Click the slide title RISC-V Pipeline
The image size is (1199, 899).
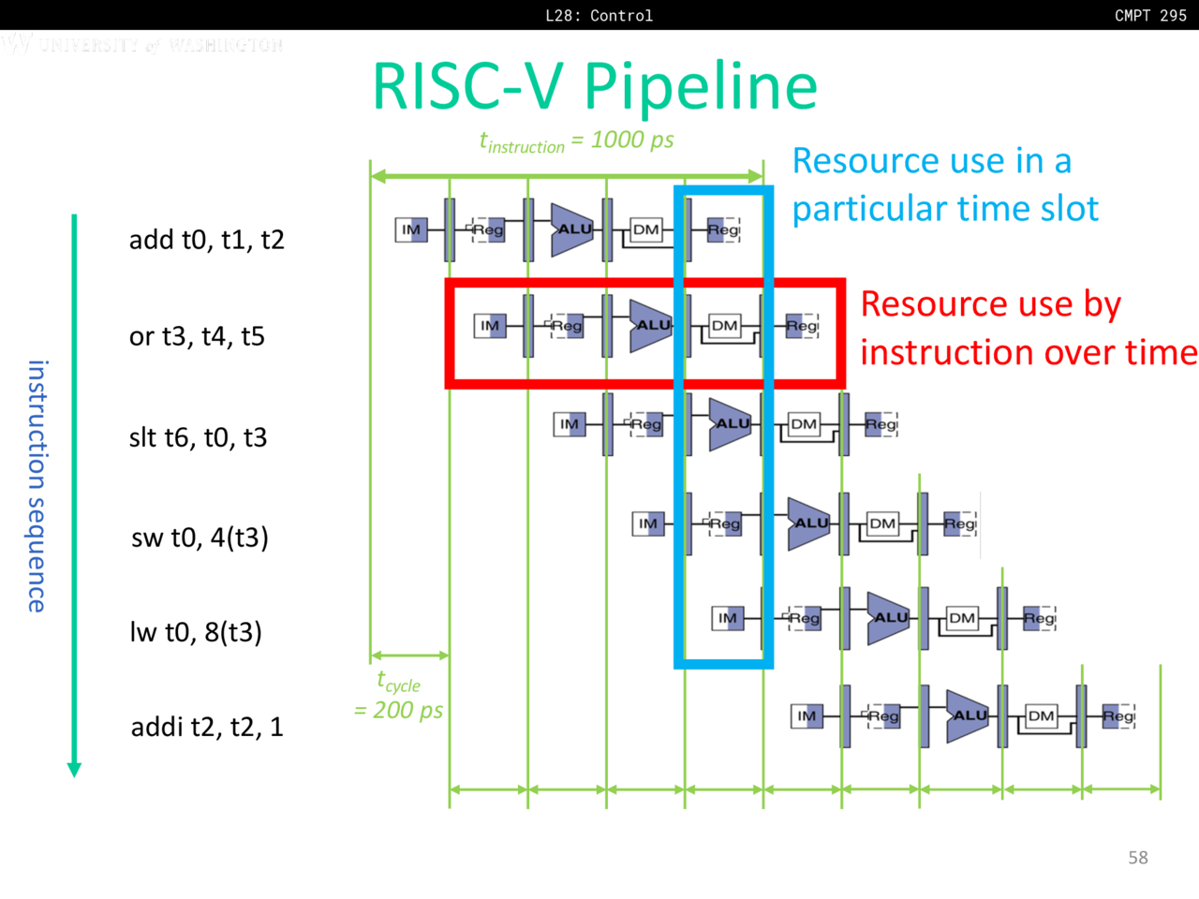[595, 86]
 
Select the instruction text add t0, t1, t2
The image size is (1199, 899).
[206, 240]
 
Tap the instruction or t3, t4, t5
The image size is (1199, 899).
[197, 336]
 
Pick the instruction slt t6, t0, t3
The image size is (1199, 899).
[198, 437]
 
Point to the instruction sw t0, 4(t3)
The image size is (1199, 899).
[200, 538]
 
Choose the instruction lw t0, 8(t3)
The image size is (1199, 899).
[196, 632]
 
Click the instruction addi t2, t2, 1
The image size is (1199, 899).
[207, 727]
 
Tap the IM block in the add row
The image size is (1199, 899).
[411, 229]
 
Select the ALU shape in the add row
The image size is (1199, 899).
[571, 229]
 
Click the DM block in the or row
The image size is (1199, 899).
[724, 326]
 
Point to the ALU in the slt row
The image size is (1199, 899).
[730, 424]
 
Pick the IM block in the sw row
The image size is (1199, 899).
[648, 523]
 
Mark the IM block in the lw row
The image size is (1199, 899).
[728, 618]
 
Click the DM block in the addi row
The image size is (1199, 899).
[1041, 716]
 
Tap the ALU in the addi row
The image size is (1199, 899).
[967, 716]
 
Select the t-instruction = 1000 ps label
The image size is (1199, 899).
[576, 141]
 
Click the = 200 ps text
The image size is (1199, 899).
[398, 711]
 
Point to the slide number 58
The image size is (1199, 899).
[1138, 858]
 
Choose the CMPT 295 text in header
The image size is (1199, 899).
[1150, 15]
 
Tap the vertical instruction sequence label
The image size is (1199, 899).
[37, 486]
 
